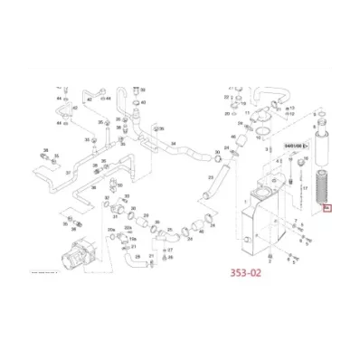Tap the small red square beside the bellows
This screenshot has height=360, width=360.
pyautogui.click(x=327, y=210)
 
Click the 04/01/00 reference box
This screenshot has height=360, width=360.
pyautogui.click(x=295, y=144)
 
